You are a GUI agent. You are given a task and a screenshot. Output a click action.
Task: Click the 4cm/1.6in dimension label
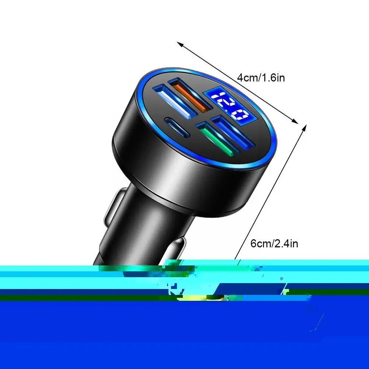pos(261,78)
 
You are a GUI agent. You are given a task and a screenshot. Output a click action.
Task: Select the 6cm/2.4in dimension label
pos(274,244)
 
